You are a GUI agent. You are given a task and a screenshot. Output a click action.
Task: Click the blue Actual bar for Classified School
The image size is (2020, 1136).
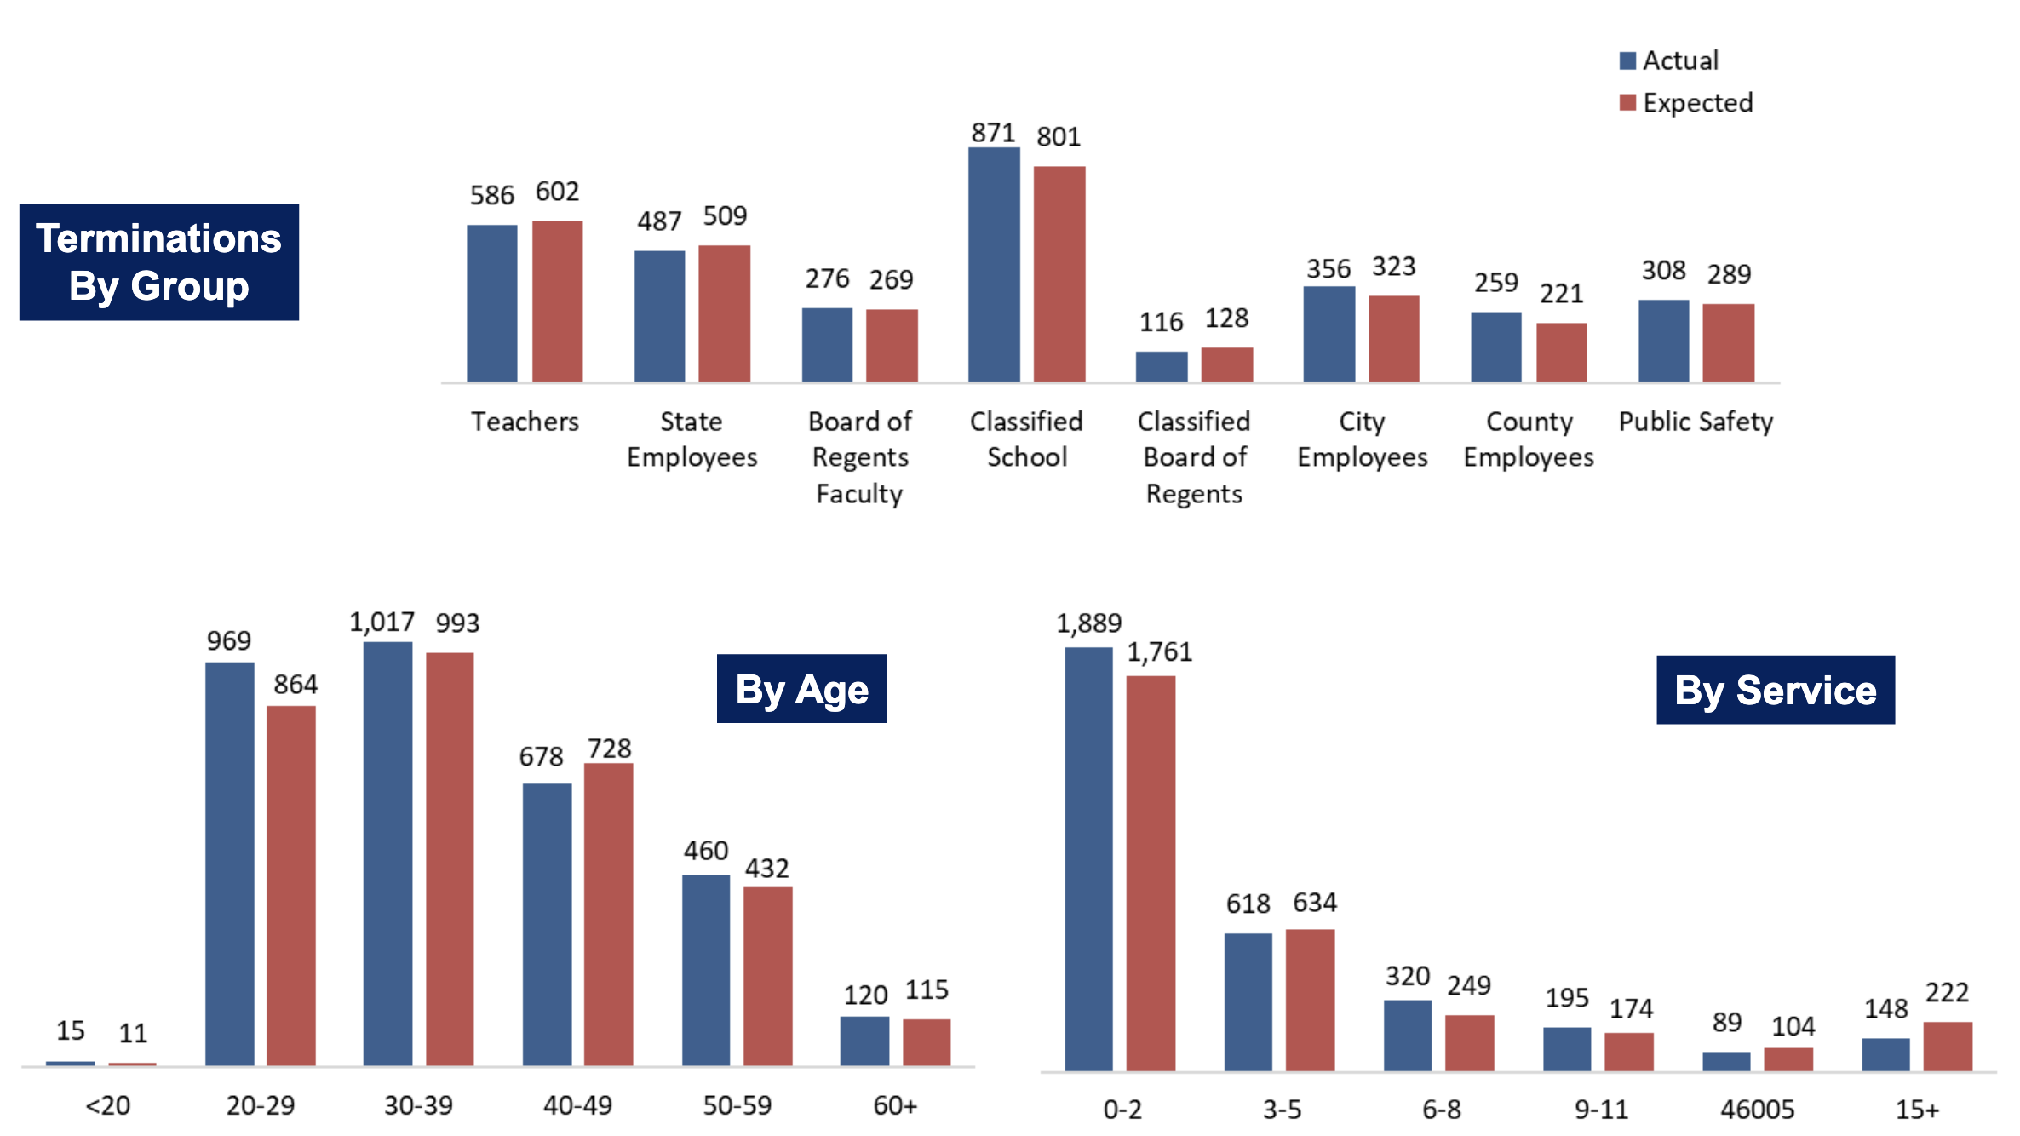994,265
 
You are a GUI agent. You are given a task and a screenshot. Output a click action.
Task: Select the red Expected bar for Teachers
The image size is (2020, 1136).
557,301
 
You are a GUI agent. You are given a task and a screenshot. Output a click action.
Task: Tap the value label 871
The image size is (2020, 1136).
993,133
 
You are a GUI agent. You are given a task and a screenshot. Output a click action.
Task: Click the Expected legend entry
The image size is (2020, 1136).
1686,103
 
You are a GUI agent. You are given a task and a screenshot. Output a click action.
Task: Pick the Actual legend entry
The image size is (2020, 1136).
1669,60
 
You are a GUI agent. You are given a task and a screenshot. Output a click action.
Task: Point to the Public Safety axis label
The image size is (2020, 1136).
1696,422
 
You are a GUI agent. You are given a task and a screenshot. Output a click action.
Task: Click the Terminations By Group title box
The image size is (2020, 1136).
159,262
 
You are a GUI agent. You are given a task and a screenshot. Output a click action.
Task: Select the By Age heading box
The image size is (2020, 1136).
801,689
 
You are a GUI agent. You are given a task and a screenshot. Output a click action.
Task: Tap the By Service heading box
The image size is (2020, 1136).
1775,690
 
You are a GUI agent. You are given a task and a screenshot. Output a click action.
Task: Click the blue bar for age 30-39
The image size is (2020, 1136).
387,853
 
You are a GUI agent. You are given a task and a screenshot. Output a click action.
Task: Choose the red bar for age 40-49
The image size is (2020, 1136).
608,914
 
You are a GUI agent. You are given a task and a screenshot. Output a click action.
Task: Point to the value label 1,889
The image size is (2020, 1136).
1088,623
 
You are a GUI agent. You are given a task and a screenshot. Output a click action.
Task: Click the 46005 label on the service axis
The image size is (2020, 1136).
1757,1110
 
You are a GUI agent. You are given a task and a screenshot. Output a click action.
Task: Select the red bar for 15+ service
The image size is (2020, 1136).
1948,1046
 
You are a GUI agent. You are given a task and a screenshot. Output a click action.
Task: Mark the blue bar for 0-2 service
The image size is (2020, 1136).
1088,858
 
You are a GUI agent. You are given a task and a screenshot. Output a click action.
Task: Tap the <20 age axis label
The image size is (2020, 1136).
107,1105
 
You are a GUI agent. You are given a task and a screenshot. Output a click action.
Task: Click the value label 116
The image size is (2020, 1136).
1161,322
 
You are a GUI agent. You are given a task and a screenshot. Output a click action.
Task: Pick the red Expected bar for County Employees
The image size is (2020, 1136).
1561,352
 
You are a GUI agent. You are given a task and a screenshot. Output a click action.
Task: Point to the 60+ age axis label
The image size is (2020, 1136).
895,1105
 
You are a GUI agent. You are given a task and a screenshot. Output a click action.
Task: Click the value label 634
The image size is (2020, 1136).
1315,902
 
